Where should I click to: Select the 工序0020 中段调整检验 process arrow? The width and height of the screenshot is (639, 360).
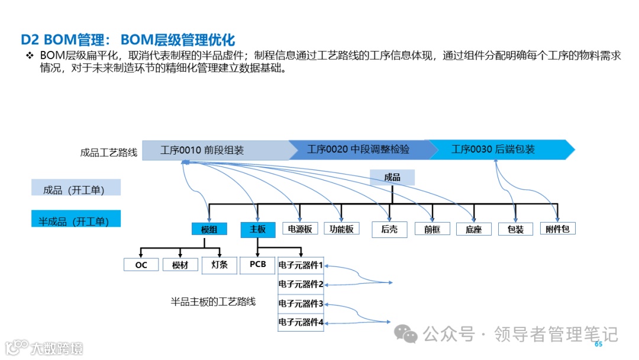(x=358, y=150)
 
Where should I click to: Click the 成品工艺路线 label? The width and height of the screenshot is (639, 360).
(x=109, y=152)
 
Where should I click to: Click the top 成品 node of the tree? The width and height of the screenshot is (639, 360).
(x=392, y=178)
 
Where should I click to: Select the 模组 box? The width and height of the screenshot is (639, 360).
(x=209, y=230)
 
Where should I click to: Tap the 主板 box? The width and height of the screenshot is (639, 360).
(x=257, y=230)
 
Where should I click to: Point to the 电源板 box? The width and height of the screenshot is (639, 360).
(x=299, y=229)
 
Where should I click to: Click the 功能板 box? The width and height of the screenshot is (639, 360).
(x=341, y=229)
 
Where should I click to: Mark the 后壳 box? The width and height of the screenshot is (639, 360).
(x=389, y=230)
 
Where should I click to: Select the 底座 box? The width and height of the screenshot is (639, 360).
(x=473, y=230)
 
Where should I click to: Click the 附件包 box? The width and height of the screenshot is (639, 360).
(x=557, y=229)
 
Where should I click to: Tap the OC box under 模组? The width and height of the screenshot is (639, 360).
(x=141, y=265)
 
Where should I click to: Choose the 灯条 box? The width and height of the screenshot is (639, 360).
(x=219, y=265)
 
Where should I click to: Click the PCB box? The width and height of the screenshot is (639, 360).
(x=258, y=265)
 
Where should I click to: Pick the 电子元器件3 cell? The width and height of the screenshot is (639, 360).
(x=301, y=304)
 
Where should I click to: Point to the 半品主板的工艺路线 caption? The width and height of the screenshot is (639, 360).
(x=213, y=301)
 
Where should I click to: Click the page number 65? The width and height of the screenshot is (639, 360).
(x=598, y=344)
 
